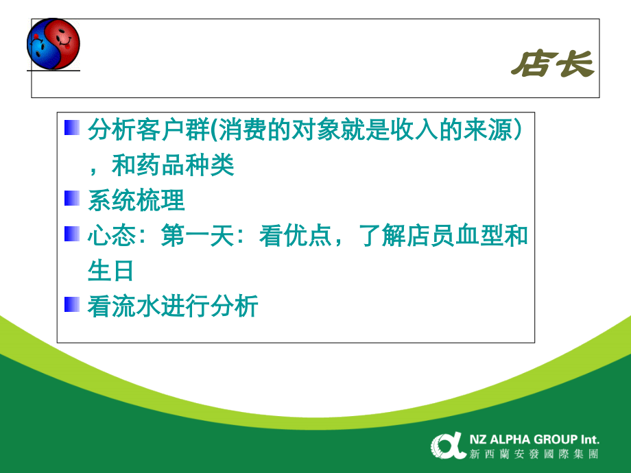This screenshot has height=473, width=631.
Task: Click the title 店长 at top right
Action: (x=551, y=65)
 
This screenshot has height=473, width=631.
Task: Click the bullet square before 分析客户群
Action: (x=71, y=128)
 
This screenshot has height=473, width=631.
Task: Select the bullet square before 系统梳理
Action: (x=71, y=199)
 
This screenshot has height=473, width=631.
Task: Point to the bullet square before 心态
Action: (x=71, y=235)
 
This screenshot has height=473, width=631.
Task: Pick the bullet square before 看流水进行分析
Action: (x=71, y=306)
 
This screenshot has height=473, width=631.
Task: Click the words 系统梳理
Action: (x=136, y=200)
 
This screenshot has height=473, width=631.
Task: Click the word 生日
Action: (x=110, y=271)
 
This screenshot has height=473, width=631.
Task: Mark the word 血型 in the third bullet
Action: (x=479, y=236)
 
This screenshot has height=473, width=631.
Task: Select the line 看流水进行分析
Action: (x=173, y=306)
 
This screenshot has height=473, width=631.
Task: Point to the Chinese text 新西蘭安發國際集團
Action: (x=534, y=454)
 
